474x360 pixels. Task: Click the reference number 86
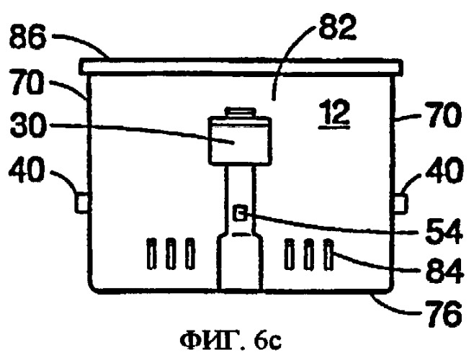click(27, 38)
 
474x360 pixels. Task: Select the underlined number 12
click(334, 114)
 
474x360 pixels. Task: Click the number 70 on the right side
click(443, 114)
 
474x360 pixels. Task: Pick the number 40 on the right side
click(444, 169)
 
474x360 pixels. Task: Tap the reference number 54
click(444, 231)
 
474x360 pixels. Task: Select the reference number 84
click(444, 270)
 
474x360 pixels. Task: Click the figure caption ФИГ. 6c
click(231, 341)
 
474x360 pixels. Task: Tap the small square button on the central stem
click(240, 214)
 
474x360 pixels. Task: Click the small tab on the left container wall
click(81, 203)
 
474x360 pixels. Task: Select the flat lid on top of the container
click(241, 67)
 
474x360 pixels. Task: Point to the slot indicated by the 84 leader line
click(328, 254)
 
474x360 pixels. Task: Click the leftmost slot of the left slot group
click(151, 253)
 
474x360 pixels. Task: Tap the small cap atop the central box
click(241, 112)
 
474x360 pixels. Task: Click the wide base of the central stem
click(239, 262)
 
